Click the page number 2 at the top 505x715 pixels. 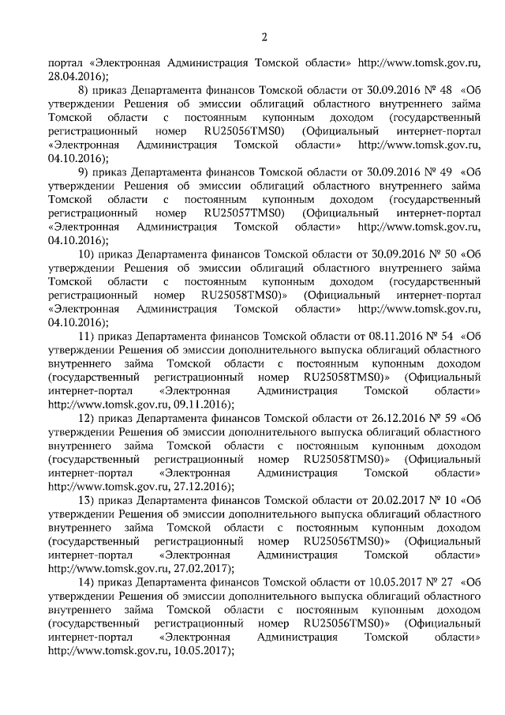pos(264,36)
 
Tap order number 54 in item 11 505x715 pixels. pos(444,336)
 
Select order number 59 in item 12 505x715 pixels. pos(444,418)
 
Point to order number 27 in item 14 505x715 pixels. pos(444,582)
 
